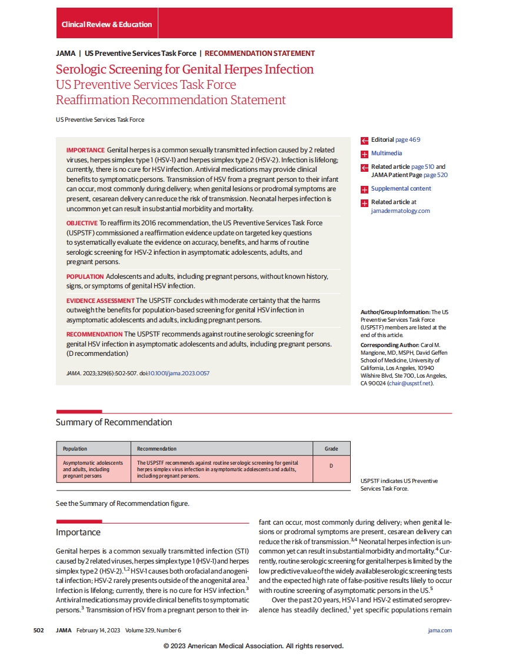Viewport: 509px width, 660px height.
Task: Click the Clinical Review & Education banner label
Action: coord(107,25)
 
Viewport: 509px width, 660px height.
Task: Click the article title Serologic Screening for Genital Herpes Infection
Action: coord(185,69)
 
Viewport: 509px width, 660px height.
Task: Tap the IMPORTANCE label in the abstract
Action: coord(85,151)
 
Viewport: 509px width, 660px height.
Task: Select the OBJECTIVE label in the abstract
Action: coord(82,223)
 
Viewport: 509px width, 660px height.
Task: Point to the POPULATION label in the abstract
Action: coord(85,276)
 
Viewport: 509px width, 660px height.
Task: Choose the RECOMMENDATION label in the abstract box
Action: coord(94,334)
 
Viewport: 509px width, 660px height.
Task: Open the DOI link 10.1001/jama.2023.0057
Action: coord(179,374)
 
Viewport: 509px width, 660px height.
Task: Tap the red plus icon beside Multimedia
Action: coord(365,154)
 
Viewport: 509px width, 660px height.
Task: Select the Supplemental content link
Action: coord(401,189)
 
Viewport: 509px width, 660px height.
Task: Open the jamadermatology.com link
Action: coord(400,211)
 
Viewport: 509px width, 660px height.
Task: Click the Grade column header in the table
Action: coord(331,448)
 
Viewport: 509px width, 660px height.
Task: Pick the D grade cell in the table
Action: coord(331,466)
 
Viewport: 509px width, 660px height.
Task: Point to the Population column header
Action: coord(75,448)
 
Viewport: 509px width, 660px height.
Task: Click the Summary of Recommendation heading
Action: coord(114,422)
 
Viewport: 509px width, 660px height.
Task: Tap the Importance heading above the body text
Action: coord(78,532)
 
